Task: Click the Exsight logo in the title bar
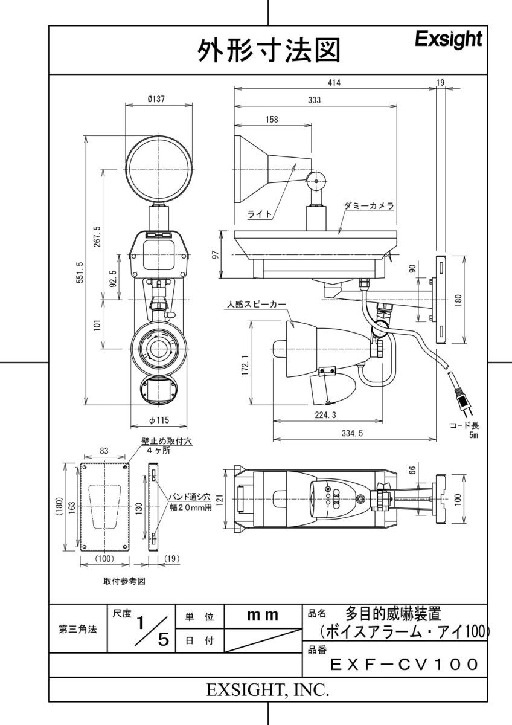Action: pos(449,40)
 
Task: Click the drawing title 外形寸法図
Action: pos(269,51)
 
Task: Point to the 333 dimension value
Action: pos(313,101)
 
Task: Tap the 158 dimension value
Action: pos(272,120)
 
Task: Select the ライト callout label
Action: pos(260,214)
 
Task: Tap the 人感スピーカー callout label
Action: pos(254,305)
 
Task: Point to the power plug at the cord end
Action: pos(463,400)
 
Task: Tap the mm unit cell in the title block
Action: pos(263,616)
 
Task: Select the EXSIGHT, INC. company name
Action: pos(268,690)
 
